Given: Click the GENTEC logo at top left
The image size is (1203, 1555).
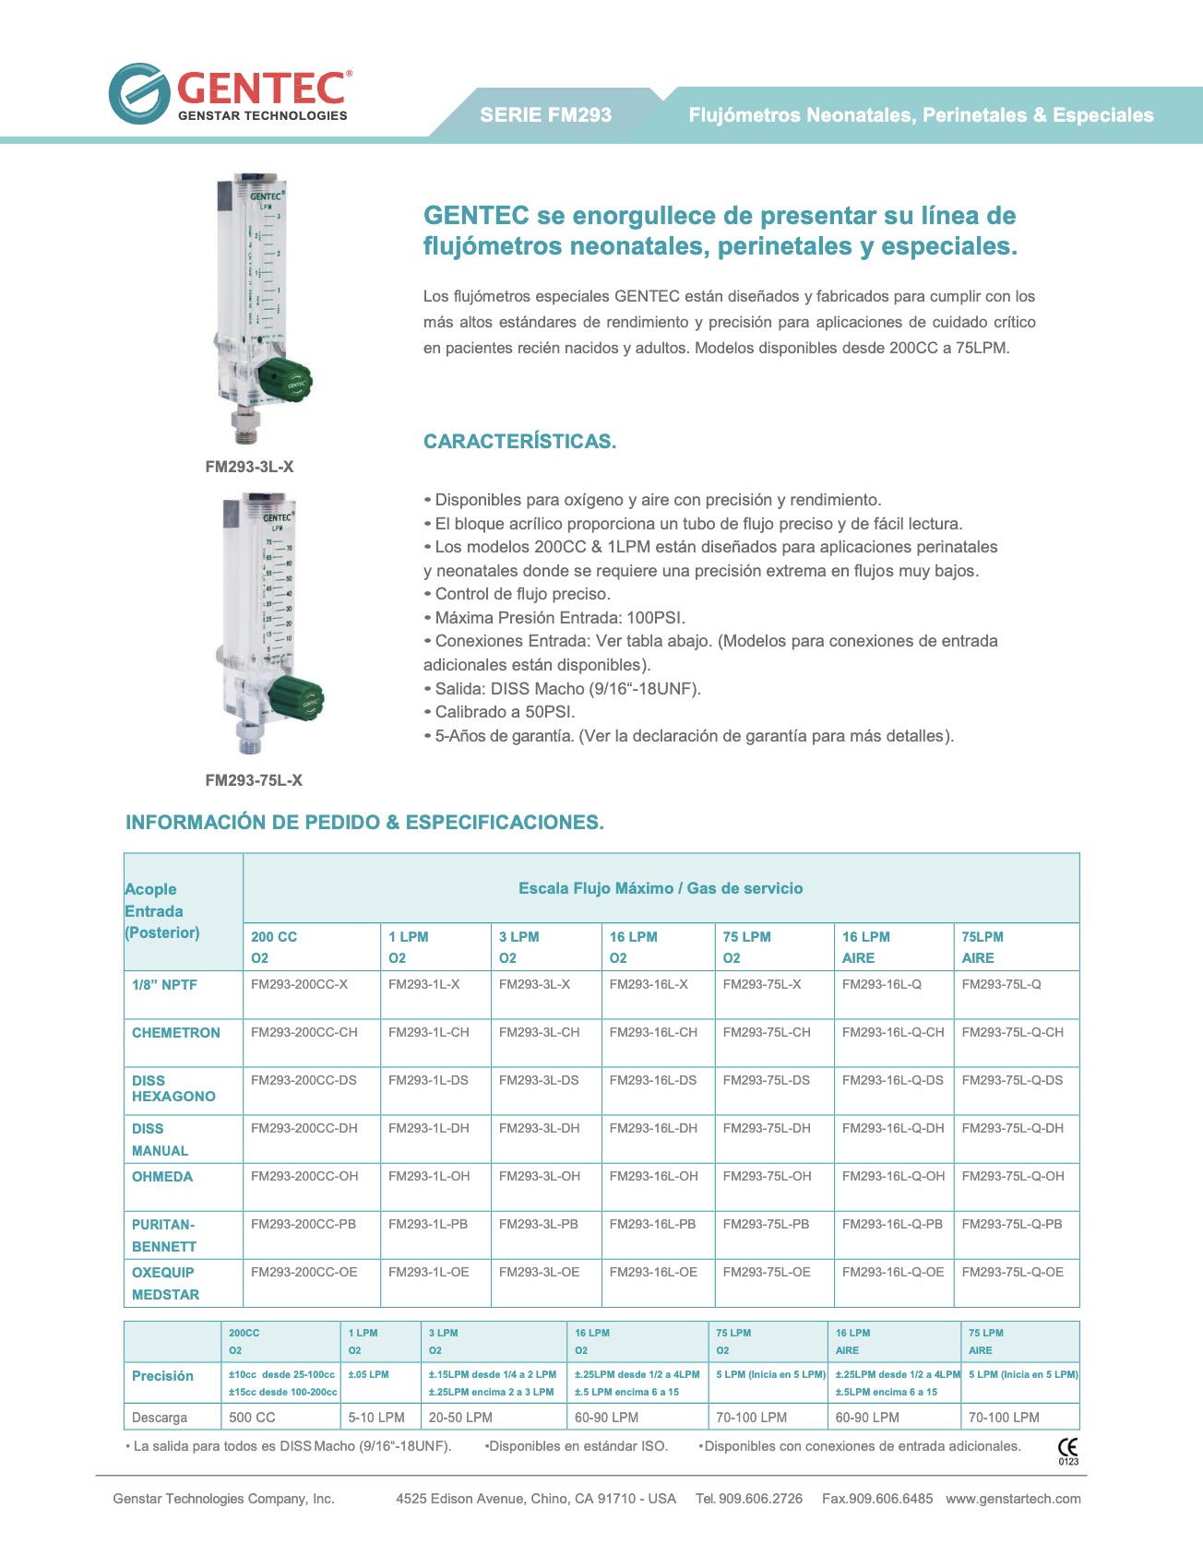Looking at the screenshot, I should tap(230, 93).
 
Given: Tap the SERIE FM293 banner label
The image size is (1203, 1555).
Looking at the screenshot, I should tap(545, 115).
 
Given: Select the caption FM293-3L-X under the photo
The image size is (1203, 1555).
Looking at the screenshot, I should tap(249, 467).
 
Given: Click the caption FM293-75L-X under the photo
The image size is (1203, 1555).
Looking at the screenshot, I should tap(254, 780).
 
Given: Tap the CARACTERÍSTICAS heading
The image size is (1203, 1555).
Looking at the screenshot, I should tap(519, 441).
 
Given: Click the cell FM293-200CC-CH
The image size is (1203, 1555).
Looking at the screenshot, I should tap(304, 1032).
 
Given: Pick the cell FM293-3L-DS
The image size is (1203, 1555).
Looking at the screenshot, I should tap(539, 1080).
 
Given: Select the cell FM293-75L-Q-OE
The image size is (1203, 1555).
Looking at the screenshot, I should tap(1012, 1272).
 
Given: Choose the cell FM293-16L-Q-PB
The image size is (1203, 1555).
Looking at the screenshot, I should tap(892, 1224).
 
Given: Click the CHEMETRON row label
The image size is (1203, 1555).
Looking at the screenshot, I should tap(175, 1033).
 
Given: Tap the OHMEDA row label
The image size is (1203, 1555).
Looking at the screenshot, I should tap(162, 1177).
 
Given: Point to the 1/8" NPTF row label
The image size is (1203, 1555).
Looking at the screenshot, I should tap(164, 985).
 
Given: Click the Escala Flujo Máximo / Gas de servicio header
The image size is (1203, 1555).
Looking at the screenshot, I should tap(661, 888).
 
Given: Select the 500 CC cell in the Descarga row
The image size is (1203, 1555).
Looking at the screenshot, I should tap(252, 1418).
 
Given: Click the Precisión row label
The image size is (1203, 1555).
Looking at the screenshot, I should tap(162, 1376).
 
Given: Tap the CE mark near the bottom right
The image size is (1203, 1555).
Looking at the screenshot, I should tap(1067, 1448).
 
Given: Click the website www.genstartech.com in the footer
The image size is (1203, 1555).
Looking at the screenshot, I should tap(1013, 1499).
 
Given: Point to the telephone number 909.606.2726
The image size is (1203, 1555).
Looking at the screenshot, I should tap(760, 1499).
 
